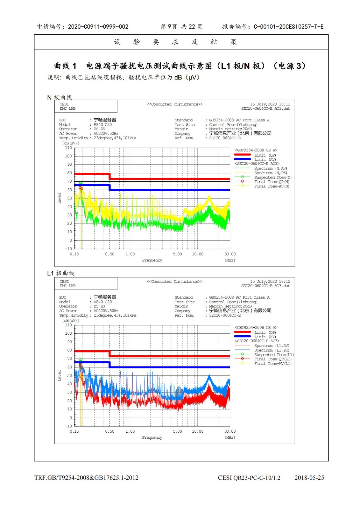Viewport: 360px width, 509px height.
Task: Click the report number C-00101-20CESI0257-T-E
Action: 288,27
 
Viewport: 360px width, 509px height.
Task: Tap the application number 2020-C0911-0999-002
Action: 98,27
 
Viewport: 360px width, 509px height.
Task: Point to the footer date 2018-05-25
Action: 309,478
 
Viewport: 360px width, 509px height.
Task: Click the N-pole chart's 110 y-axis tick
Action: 68,148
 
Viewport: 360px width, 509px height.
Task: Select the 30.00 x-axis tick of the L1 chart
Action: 230,431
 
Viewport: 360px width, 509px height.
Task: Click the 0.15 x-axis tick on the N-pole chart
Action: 74,254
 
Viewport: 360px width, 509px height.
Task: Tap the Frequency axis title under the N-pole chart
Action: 152,260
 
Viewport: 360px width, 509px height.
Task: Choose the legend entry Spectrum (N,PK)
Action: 270,173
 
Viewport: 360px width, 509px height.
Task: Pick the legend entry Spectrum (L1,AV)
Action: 272,346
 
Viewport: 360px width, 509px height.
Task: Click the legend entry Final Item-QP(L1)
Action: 273,359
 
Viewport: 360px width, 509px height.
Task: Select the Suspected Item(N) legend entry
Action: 272,178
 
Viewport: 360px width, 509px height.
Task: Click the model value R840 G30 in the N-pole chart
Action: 102,125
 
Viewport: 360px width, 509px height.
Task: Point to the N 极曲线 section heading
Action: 60,97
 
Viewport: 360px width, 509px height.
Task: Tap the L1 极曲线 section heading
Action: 60,273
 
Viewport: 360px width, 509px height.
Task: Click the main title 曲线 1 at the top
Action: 65,66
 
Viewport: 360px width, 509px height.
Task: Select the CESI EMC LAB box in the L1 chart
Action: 86,283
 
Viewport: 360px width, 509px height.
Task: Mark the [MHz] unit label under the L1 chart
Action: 230,437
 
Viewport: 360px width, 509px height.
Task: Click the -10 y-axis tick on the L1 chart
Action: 68,426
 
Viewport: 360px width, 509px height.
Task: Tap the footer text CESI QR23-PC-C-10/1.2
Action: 249,478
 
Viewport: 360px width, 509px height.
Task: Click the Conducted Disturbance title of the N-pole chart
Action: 174,104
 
